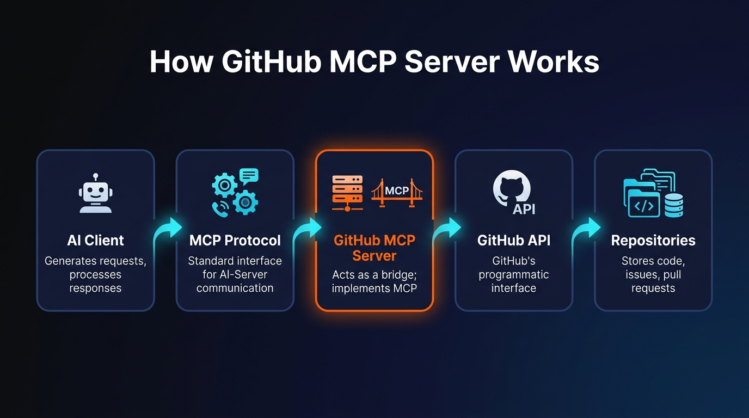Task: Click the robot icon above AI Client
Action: [95, 194]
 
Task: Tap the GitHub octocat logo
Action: [511, 188]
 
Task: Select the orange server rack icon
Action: [347, 193]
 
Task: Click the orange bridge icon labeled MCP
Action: [397, 193]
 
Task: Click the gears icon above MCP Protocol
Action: [235, 192]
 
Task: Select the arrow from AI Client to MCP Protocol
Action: [168, 231]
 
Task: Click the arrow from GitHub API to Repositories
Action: [586, 231]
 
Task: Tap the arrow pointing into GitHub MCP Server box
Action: [308, 231]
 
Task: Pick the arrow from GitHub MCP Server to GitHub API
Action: [447, 231]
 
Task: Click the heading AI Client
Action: [95, 241]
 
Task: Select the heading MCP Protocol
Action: [235, 241]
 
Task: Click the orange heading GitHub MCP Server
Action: [374, 248]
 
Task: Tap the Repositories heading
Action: [653, 241]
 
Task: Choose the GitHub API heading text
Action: [513, 241]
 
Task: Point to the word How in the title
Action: [181, 63]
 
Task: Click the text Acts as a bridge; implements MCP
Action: [374, 281]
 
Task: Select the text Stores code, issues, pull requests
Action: [653, 274]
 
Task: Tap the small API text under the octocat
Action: [524, 208]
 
